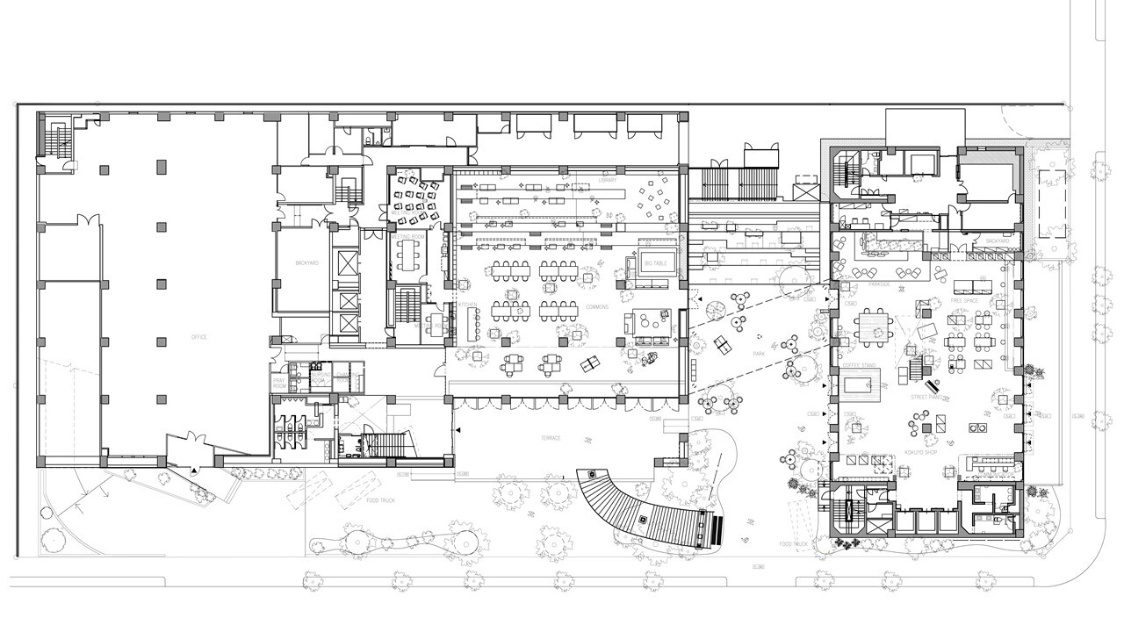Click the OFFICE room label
pos(200,338)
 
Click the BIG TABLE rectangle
pos(655,263)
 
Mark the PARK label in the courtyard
pos(760,354)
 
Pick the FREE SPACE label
pos(963,300)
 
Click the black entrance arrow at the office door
pos(194,472)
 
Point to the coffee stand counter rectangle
pos(861,384)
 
